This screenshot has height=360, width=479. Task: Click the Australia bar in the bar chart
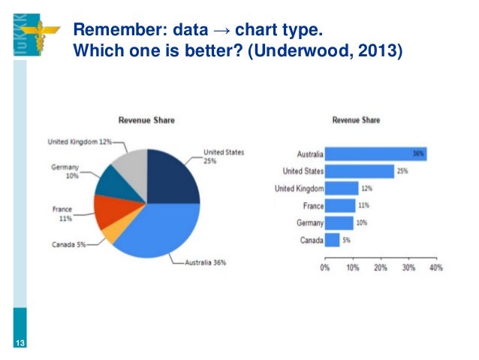375,154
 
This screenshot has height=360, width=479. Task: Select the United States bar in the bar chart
360,171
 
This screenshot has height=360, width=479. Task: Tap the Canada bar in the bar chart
333,241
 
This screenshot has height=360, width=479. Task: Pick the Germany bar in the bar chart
339,223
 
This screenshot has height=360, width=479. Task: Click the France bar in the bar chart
341,206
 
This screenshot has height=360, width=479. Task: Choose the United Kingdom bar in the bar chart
342,189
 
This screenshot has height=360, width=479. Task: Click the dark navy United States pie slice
173,177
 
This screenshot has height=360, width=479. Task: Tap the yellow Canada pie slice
109,231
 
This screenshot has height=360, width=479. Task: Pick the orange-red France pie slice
112,210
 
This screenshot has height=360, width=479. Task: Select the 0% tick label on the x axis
326,267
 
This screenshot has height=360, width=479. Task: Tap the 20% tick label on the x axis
381,267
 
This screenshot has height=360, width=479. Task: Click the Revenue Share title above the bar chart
356,119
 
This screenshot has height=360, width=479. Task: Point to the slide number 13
20,343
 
